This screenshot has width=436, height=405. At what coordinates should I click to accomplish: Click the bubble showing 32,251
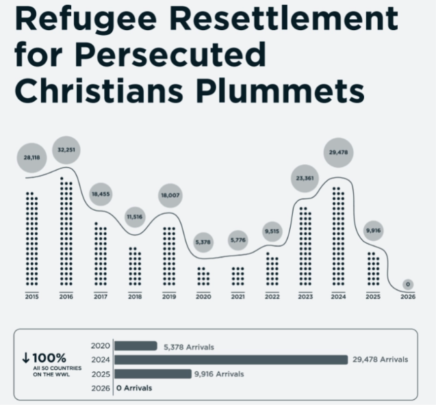click(x=66, y=150)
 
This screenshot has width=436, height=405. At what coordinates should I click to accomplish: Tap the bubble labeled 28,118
click(x=31, y=157)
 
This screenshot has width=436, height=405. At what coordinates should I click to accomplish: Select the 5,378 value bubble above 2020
click(x=203, y=242)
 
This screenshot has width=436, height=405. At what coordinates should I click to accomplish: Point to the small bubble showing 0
click(x=408, y=285)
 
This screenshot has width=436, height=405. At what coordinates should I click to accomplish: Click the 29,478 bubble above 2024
click(x=338, y=153)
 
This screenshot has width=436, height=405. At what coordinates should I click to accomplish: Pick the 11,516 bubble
click(x=135, y=217)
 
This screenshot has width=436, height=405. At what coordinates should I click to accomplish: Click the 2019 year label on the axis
click(x=169, y=297)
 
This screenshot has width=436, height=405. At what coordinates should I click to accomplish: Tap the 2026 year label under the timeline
click(x=408, y=297)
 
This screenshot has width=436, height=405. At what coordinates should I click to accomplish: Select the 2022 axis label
click(x=272, y=297)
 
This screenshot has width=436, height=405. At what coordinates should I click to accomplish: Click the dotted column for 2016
click(x=66, y=231)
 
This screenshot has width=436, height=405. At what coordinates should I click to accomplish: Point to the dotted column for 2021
click(x=238, y=276)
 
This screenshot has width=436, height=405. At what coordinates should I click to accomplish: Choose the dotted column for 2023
click(x=305, y=246)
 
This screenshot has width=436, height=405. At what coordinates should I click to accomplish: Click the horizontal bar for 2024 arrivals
click(x=231, y=360)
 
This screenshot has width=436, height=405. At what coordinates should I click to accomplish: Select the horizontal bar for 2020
click(x=136, y=345)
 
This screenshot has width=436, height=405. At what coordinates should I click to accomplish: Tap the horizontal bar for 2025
click(x=153, y=374)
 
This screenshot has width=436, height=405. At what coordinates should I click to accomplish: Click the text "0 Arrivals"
click(x=134, y=388)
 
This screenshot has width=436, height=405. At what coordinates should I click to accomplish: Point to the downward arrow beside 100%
click(x=25, y=358)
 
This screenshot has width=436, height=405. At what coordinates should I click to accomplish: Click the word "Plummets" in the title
click(x=281, y=90)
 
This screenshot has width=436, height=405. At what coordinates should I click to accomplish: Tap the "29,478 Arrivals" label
click(x=381, y=360)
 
